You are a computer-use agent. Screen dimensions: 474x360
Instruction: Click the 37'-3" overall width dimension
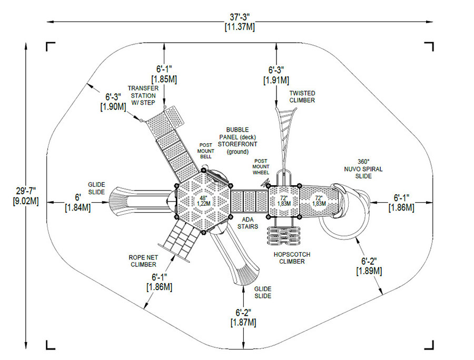point(240,22)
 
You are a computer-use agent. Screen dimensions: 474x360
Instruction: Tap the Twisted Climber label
point(302,97)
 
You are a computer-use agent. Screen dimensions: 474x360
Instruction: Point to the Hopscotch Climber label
point(292,258)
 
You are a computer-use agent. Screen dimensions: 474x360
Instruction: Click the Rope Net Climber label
point(143,261)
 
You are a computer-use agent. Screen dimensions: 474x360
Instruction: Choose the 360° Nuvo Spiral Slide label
point(363,169)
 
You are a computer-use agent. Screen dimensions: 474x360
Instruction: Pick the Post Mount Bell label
point(205,151)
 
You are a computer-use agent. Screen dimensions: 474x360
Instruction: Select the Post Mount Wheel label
point(261,167)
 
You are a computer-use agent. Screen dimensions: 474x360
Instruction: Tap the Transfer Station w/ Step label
point(143,95)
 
